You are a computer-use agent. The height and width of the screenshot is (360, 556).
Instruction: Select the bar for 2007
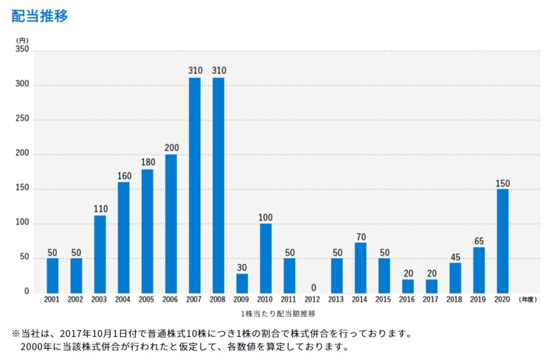click(194, 185)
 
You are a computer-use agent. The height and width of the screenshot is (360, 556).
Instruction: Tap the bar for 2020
click(502, 241)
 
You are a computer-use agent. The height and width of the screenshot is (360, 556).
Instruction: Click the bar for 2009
click(242, 283)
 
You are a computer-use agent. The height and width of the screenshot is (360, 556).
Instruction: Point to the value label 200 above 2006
click(171, 148)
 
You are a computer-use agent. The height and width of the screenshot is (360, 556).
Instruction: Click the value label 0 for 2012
click(313, 287)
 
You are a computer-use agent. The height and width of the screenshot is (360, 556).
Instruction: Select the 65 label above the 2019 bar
click(479, 240)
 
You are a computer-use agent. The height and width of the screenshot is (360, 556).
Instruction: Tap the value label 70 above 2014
click(360, 237)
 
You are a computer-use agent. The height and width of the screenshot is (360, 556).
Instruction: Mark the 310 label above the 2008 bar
click(219, 70)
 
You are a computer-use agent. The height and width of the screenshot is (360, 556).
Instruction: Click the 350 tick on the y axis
click(22, 51)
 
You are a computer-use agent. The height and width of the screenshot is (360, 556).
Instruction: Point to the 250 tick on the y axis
click(22, 120)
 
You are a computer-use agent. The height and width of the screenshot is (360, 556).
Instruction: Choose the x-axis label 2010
click(266, 299)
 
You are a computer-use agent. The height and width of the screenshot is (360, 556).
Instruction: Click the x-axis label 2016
click(408, 299)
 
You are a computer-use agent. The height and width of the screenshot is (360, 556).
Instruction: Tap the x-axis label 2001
click(52, 299)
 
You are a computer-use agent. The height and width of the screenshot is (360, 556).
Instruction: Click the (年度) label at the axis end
click(528, 299)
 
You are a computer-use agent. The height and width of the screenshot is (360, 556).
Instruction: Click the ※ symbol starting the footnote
click(16, 334)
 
